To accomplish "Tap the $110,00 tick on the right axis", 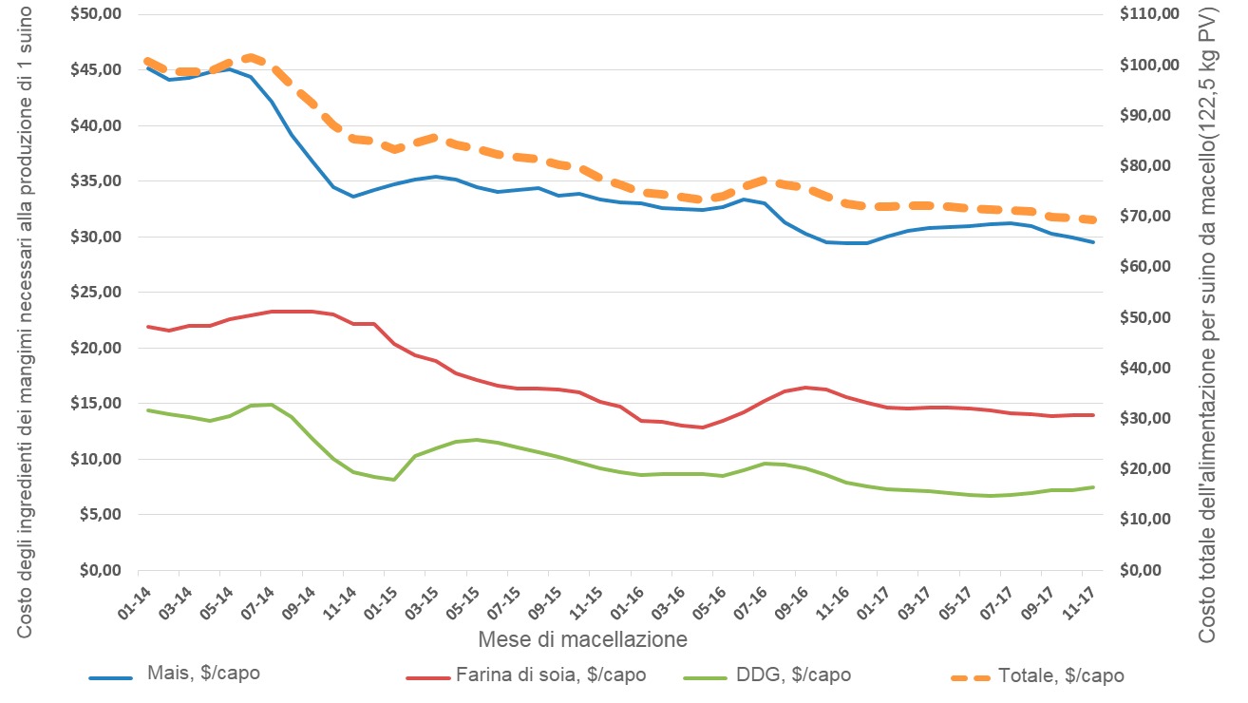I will coord(1150,15).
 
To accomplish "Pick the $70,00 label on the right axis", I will coord(1150,217).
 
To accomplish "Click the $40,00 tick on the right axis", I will coord(1150,368).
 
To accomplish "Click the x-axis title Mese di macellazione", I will coord(582,639).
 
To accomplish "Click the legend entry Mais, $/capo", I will coord(203,674).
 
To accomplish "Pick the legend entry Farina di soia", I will coord(552,675).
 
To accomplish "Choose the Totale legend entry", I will coord(1061,676).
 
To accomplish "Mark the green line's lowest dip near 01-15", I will coord(393,480).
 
